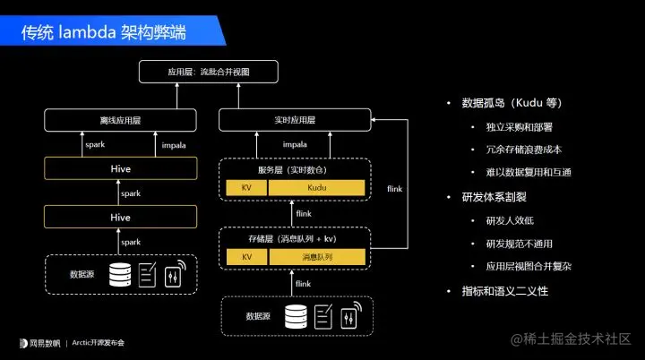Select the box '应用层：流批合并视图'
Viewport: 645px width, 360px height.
[x=208, y=71]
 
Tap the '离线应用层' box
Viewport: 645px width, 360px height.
[x=120, y=120]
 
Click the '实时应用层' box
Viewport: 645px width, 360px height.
[x=294, y=120]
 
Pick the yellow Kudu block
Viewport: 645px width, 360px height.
[x=317, y=188]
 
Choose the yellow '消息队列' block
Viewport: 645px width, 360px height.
[x=317, y=257]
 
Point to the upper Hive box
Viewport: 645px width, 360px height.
[x=120, y=168]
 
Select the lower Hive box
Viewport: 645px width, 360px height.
[x=120, y=217]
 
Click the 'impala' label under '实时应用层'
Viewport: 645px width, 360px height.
[x=294, y=143]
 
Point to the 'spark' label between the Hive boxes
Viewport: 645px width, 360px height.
[x=131, y=193]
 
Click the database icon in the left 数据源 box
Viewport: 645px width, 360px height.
[x=119, y=274]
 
